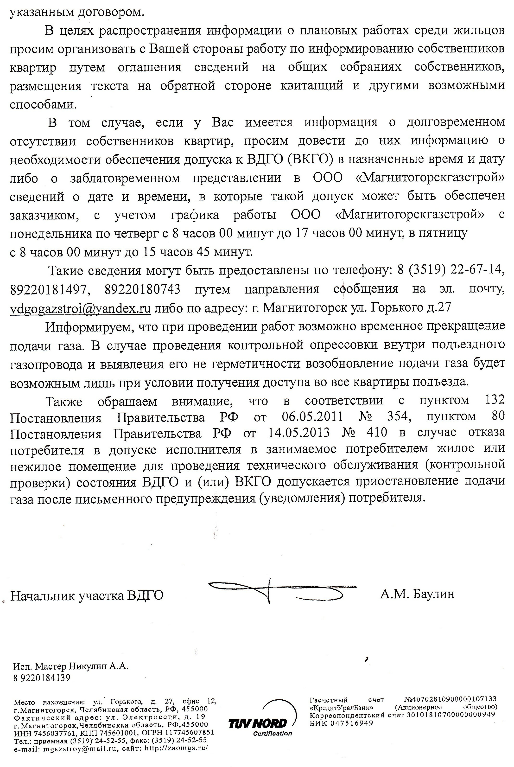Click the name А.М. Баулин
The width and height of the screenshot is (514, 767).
coord(417,594)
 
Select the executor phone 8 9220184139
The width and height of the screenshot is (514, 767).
coord(42,678)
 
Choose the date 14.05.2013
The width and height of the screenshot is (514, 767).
coord(299,433)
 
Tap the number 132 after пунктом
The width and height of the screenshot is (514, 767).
coord(494,400)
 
